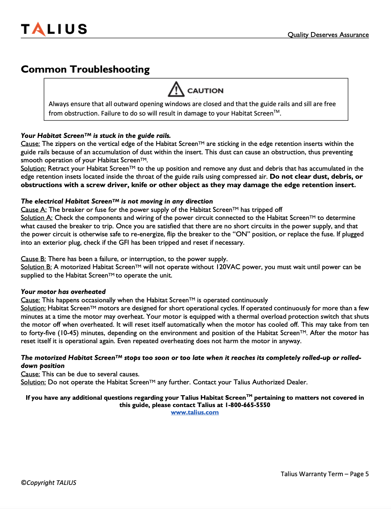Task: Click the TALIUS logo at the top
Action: (54, 29)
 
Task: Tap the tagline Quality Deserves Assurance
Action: (328, 35)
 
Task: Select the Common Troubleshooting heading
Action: (85, 69)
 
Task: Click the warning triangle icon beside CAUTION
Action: (176, 89)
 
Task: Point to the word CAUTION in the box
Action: (205, 91)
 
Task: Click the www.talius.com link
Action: (195, 412)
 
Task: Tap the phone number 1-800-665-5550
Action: (248, 405)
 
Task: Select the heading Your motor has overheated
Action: (63, 292)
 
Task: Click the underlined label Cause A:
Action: (34, 209)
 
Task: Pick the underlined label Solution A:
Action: (36, 217)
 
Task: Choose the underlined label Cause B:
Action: (33, 259)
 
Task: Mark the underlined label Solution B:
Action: (36, 267)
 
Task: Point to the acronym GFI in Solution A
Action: (124, 242)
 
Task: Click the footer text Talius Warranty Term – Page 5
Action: (324, 474)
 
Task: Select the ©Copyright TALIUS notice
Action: (49, 482)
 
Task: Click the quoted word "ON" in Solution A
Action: (241, 234)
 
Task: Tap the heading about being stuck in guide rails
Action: (96, 135)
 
